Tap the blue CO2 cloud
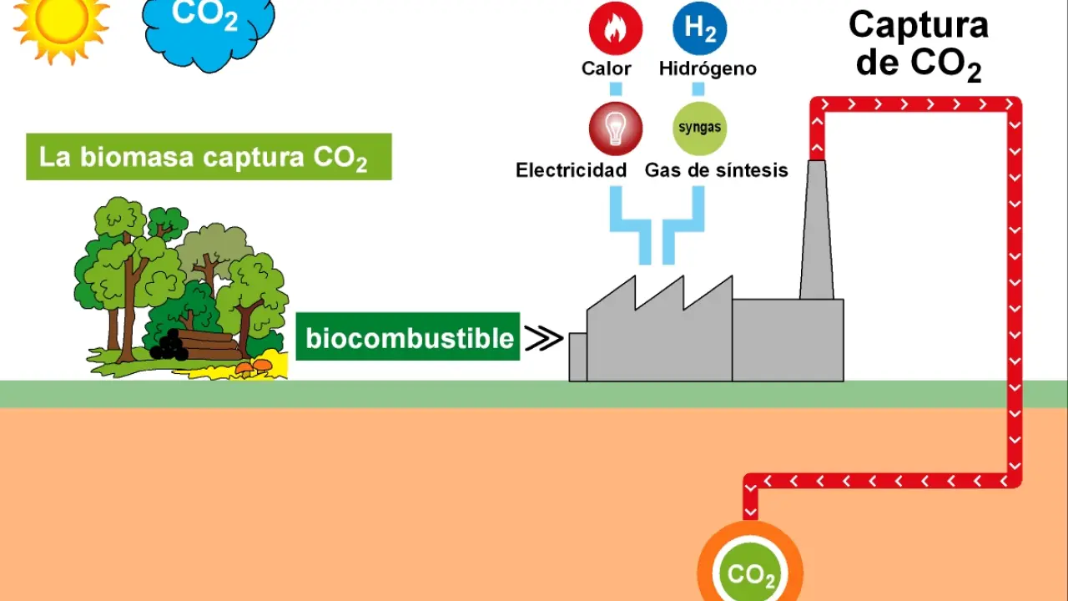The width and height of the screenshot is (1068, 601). click(x=208, y=29)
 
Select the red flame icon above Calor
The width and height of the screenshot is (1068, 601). click(x=616, y=28)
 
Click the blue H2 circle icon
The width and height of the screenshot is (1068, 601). click(x=699, y=28)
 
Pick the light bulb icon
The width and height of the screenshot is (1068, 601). click(x=616, y=129)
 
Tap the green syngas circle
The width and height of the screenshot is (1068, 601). click(x=699, y=129)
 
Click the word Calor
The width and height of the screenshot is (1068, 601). click(x=607, y=68)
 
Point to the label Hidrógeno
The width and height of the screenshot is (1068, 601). click(x=708, y=68)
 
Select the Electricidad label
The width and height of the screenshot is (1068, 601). click(x=571, y=170)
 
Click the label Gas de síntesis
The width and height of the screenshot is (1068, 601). click(x=716, y=170)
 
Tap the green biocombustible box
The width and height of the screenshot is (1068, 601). click(x=408, y=337)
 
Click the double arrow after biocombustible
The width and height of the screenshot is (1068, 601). click(x=543, y=338)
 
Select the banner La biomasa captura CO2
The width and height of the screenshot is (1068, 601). click(x=209, y=157)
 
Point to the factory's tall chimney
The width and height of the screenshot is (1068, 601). click(x=817, y=234)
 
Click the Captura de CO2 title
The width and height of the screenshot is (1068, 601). click(x=918, y=43)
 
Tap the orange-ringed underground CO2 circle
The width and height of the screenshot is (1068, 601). click(x=750, y=572)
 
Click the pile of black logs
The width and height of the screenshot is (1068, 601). click(x=169, y=346)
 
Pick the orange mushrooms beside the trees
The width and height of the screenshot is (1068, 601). click(x=254, y=365)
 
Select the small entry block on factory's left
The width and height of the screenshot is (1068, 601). click(x=577, y=356)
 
